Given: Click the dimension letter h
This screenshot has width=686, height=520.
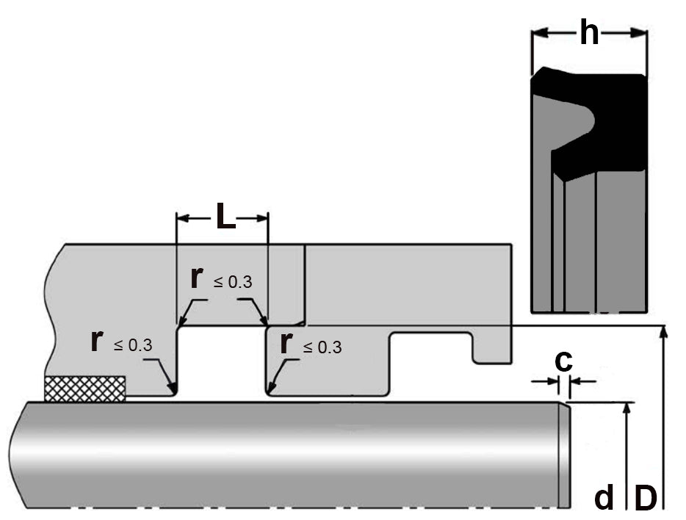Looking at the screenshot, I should [x=589, y=32].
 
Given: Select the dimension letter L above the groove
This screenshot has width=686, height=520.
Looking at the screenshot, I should [x=225, y=218].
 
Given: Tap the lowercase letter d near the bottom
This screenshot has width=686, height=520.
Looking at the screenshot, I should [x=604, y=499].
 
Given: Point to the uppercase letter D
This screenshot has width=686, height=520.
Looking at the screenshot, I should [x=645, y=499].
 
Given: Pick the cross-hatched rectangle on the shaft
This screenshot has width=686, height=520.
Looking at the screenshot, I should [x=84, y=389].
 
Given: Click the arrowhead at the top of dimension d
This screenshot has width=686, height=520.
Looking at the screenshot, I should [x=626, y=408].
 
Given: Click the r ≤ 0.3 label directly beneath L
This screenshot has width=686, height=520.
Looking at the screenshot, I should [x=220, y=279].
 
